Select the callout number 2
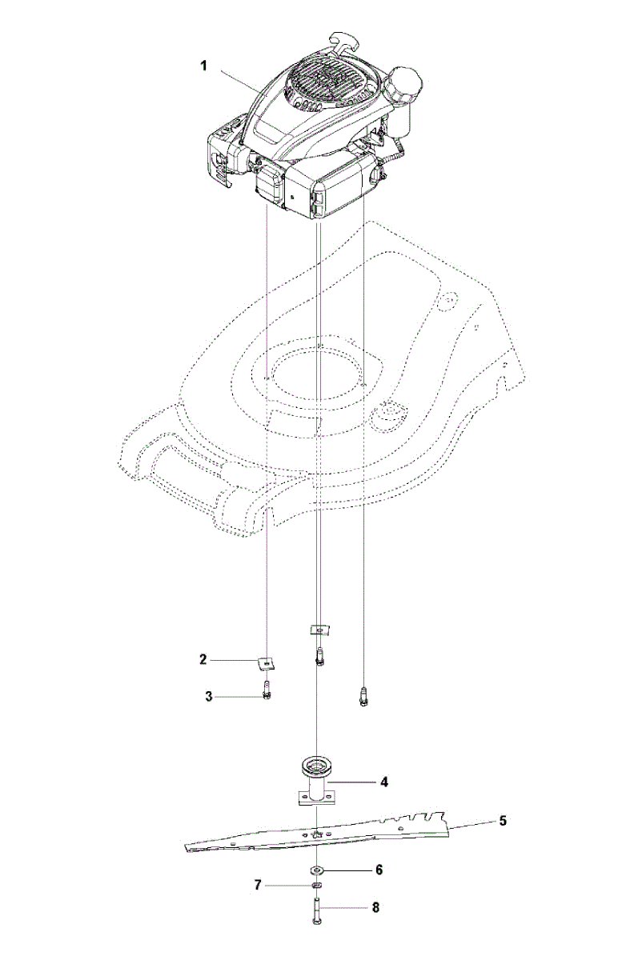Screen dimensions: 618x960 tap(203, 659)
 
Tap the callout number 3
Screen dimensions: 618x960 tap(208, 696)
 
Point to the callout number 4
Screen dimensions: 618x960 tap(383, 782)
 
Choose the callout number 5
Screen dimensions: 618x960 tap(502, 820)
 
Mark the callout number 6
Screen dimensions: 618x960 tap(379, 869)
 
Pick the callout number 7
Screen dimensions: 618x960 tap(258, 886)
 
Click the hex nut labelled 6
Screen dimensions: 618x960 tap(318, 870)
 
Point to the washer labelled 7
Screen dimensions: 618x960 tap(318, 886)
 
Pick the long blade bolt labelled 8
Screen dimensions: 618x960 tap(318, 910)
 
